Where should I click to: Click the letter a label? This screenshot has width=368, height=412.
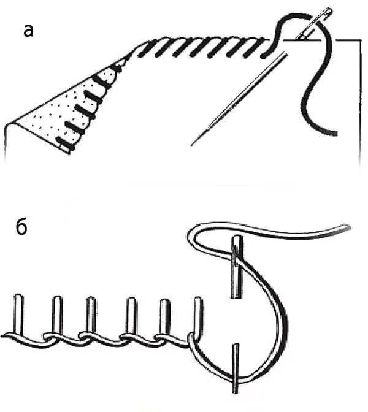pyautogui.click(x=28, y=31)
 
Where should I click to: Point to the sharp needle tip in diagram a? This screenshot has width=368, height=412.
pyautogui.click(x=192, y=145)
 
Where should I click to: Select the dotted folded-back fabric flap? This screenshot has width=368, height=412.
pyautogui.click(x=63, y=110)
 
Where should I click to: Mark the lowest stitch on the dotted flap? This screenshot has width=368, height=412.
pyautogui.click(x=64, y=143)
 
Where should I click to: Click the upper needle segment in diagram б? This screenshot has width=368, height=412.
pyautogui.click(x=237, y=267)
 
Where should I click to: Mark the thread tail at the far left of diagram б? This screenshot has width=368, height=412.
pyautogui.click(x=4, y=336)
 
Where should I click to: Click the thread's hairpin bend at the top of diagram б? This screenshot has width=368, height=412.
pyautogui.click(x=191, y=234)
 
